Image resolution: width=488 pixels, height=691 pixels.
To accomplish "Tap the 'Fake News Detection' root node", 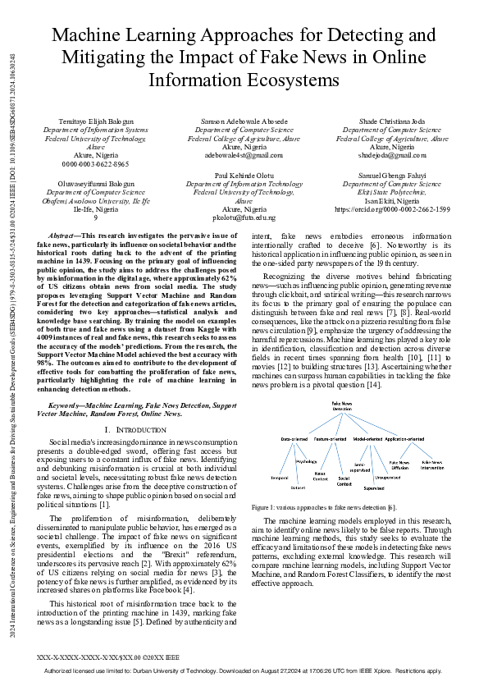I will pos(342,406).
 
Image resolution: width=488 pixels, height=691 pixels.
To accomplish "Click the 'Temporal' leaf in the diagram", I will pos(279,477).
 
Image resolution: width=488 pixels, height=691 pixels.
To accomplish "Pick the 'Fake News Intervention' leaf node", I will pos(433,464).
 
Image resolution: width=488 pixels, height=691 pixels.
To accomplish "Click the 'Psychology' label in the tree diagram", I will pos(306,461).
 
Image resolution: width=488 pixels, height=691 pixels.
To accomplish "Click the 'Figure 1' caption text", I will pos(324,509).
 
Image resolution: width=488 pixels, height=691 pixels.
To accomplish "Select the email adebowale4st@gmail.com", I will pos(244,154).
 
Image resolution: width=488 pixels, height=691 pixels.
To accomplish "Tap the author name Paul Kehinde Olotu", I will pos(244,176).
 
